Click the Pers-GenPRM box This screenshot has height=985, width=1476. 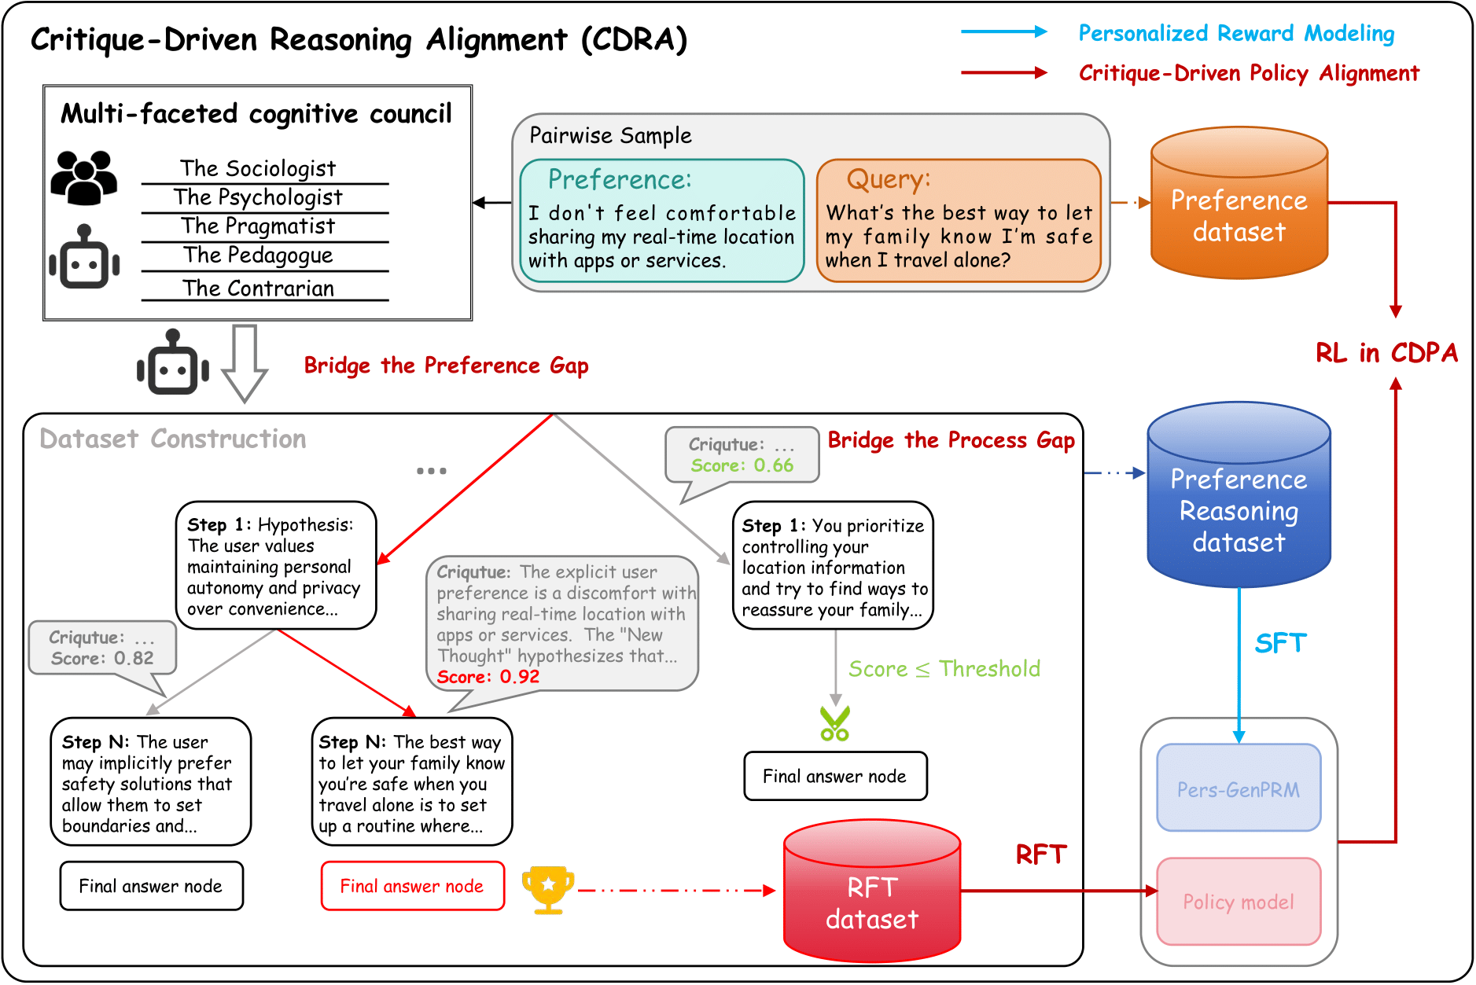coord(1239,788)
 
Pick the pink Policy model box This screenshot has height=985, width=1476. coord(1239,902)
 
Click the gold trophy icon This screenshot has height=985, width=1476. coord(548,889)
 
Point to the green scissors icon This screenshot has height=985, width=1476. coord(835,724)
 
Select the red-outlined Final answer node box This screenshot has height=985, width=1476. coord(412,886)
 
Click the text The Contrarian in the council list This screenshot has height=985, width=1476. coord(259,289)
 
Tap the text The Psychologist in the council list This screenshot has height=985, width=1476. coord(259,197)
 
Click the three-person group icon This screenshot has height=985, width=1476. coord(84,178)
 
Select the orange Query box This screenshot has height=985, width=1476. coord(959,221)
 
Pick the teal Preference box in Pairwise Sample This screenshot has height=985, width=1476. coord(662,221)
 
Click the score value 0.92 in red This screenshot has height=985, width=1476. coord(519,677)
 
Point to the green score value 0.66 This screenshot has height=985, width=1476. coord(773,465)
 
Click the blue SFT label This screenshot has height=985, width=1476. coord(1279,644)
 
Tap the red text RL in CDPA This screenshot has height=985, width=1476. coord(1386,353)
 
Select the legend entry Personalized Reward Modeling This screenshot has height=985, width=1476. coord(1236,33)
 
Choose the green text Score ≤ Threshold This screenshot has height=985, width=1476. coord(944,669)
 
